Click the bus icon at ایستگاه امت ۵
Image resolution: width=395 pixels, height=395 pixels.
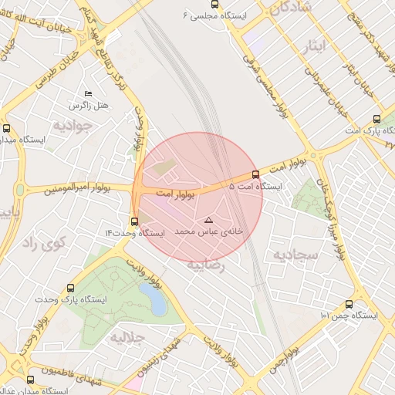(x=256, y=174)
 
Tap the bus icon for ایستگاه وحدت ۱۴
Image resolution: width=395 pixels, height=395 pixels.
(x=134, y=221)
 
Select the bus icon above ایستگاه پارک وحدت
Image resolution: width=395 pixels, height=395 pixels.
(x=71, y=286)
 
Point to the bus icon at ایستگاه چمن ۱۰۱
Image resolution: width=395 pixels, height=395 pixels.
(x=349, y=304)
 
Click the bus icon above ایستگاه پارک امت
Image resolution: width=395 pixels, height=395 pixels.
(x=376, y=119)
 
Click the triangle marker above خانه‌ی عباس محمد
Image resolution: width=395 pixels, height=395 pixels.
(x=208, y=221)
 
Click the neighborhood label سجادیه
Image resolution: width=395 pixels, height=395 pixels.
(x=289, y=255)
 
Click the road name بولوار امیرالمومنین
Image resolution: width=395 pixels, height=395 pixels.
(x=76, y=188)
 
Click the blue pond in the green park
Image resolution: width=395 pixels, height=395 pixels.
(x=157, y=302)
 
